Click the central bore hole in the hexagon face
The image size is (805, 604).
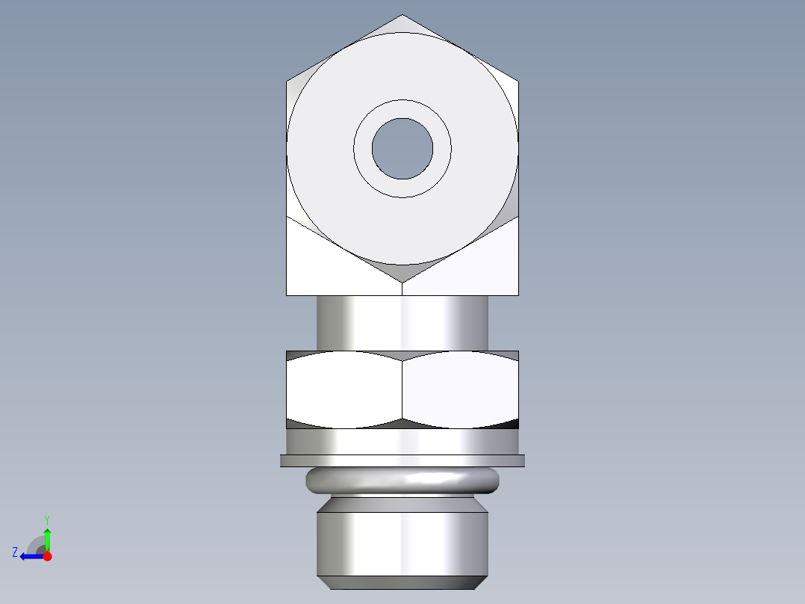point(402,149)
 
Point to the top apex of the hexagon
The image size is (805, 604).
point(402,16)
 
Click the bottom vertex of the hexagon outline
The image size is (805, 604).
point(402,283)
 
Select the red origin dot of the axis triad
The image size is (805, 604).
point(47,556)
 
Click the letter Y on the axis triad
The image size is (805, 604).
point(46,519)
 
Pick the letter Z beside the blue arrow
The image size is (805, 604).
point(15,552)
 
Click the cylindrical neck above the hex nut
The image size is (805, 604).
point(402,322)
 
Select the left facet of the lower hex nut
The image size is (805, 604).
point(344,389)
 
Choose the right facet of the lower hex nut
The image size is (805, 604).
point(460,389)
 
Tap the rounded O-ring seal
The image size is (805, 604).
point(402,480)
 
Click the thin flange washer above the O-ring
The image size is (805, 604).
point(402,460)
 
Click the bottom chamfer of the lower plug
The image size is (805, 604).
point(402,582)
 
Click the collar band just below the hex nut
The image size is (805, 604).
point(402,441)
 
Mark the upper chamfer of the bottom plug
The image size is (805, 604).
point(402,504)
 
